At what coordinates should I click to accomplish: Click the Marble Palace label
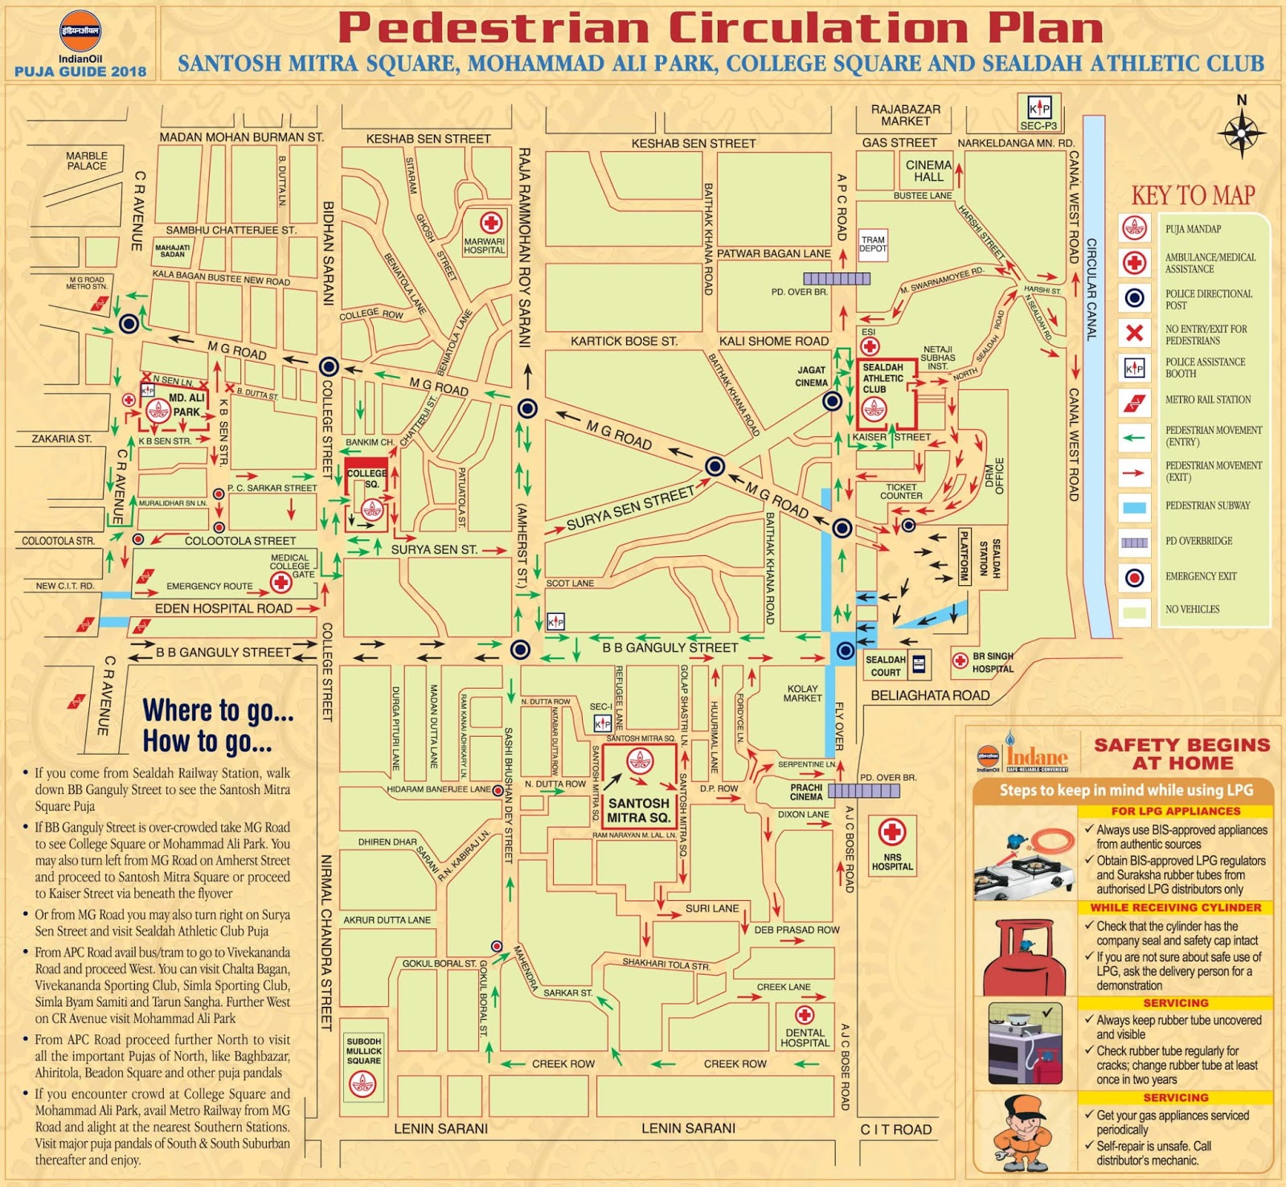[x=87, y=161]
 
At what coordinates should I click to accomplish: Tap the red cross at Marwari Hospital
[x=490, y=223]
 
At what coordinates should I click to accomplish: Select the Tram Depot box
[x=873, y=244]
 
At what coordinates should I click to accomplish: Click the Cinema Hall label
[x=928, y=171]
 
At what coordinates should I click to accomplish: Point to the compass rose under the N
[x=1242, y=132]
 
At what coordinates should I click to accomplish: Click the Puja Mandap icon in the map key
[x=1134, y=229]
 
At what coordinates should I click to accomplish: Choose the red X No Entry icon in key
[x=1134, y=333]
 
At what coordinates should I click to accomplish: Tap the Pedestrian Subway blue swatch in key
[x=1134, y=507]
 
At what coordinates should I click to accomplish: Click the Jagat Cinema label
[x=812, y=376]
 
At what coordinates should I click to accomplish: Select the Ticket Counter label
[x=901, y=491]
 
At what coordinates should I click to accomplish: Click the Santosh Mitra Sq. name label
[x=638, y=810]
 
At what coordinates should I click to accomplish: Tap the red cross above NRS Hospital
[x=891, y=832]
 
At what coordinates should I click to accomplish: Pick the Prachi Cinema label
[x=806, y=792]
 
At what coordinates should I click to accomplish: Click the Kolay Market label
[x=803, y=693]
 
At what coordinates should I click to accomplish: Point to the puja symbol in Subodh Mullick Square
[x=363, y=1084]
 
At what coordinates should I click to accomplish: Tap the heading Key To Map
[x=1193, y=195]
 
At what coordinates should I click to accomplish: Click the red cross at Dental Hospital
[x=805, y=1015]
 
